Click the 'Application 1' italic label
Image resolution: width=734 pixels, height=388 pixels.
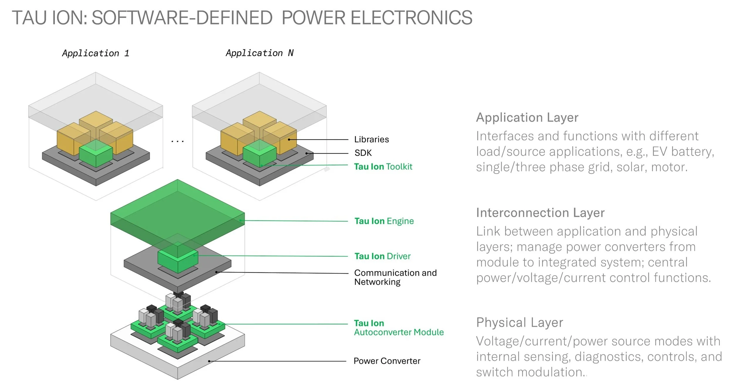(x=95, y=53)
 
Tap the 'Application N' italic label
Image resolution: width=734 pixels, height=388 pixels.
(x=259, y=53)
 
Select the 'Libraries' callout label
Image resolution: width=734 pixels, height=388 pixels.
(x=371, y=139)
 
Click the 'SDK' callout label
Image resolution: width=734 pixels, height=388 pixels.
(x=363, y=153)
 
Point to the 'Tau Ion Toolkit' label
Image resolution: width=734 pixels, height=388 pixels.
(x=383, y=167)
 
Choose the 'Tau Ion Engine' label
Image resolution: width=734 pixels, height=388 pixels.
(x=384, y=221)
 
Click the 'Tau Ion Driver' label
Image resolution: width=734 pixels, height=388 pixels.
(x=382, y=256)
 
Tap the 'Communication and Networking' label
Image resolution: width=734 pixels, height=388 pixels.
(x=395, y=277)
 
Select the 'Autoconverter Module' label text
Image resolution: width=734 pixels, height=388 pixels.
(x=398, y=332)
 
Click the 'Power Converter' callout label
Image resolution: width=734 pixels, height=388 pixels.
(x=387, y=361)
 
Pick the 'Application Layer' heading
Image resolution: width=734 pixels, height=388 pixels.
(x=527, y=117)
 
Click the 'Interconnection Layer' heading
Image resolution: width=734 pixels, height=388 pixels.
(x=540, y=213)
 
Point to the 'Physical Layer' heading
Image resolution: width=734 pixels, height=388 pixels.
(x=519, y=323)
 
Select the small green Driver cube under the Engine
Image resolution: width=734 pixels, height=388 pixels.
(x=178, y=260)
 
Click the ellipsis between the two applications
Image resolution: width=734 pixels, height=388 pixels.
(x=178, y=141)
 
